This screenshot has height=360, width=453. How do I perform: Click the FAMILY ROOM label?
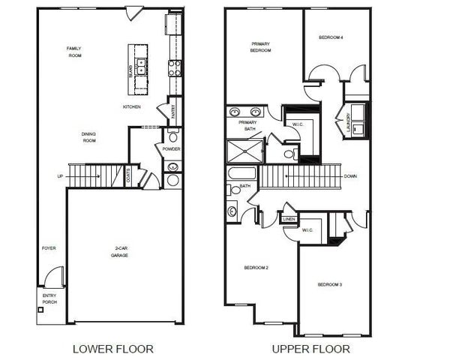coord(73,52)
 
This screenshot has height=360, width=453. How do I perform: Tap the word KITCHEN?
coord(132,107)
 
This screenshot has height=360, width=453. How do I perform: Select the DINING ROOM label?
coord(89,137)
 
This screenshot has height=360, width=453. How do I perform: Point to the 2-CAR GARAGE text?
coord(120,253)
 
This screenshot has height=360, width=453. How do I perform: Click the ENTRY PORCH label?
coord(49,299)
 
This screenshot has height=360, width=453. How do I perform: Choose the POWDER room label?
coord(172,148)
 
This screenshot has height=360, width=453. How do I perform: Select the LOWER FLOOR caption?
coord(112,349)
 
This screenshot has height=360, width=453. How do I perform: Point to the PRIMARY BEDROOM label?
coord(260,47)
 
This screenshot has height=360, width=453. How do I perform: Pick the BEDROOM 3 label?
coord(329,285)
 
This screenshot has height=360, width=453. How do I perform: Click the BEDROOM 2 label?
coord(256,268)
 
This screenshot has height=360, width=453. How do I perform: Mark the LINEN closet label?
coord(289,219)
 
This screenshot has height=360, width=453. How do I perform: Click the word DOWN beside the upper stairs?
coord(349,177)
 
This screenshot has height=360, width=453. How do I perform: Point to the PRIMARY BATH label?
coord(247,125)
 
